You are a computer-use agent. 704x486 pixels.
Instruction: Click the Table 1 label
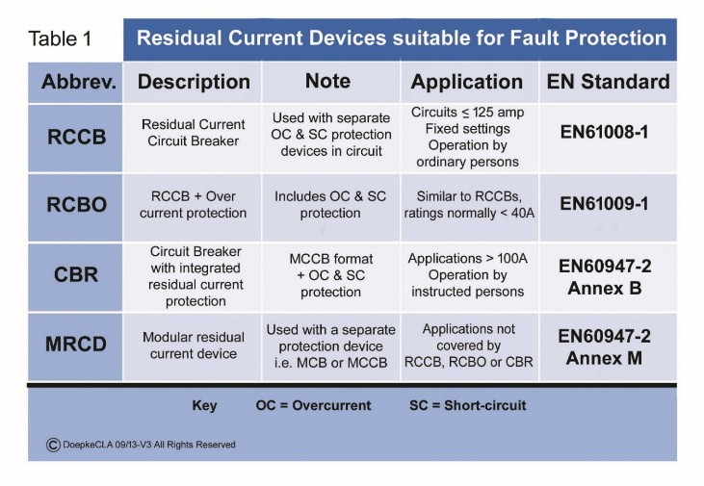(60, 39)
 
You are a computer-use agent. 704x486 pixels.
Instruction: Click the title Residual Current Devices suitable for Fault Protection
(401, 38)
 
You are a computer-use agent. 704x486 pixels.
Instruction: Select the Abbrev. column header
(78, 83)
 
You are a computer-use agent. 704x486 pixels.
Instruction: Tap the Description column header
(194, 83)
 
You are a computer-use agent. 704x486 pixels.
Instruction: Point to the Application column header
(467, 83)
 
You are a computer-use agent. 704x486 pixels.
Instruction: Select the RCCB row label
(78, 138)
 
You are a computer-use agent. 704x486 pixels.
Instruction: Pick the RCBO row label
(78, 205)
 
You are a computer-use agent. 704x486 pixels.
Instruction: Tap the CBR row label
(78, 274)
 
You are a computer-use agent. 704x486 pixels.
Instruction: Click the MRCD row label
(78, 345)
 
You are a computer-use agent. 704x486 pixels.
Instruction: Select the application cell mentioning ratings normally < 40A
(467, 204)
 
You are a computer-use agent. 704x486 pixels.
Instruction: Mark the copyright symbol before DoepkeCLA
(53, 444)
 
